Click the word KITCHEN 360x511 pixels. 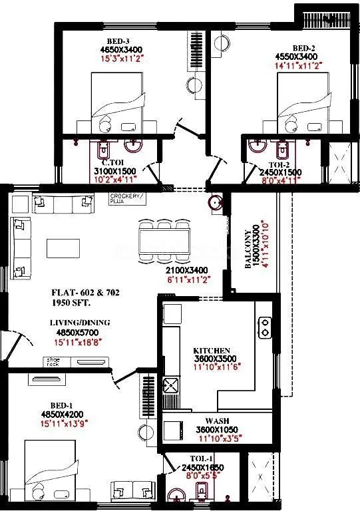(212, 351)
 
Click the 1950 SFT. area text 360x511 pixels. (71, 303)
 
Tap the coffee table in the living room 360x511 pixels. (64, 248)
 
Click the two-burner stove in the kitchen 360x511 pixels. (266, 325)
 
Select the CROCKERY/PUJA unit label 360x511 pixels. (127, 198)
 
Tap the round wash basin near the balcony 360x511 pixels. (214, 202)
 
